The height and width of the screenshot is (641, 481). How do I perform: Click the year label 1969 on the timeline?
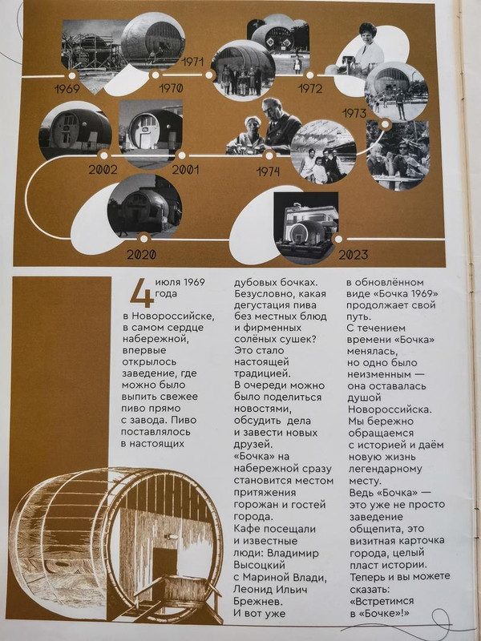(67, 88)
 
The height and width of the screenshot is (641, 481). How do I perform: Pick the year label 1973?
(354, 114)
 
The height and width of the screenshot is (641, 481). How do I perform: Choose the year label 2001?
(186, 170)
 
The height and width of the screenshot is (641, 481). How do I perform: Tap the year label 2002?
(104, 170)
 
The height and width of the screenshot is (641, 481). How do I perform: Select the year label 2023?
(353, 255)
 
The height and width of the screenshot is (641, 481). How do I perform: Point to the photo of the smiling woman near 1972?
(370, 50)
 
